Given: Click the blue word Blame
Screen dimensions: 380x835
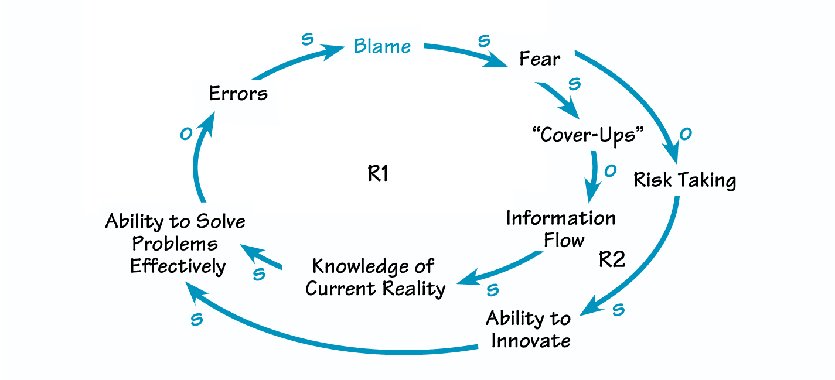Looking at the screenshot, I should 383,47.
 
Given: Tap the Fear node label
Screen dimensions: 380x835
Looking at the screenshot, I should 540,59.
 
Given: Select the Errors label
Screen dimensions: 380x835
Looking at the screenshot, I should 238,94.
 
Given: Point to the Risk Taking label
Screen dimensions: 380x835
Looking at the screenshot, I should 684,180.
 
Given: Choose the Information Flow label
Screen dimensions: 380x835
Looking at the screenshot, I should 561,229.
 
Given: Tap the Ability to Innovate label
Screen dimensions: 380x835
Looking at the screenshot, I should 528,330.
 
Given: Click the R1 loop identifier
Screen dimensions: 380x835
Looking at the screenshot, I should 378,174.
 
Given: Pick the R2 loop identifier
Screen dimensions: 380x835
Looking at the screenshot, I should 612,259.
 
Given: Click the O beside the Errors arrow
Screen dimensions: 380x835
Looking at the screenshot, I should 186,134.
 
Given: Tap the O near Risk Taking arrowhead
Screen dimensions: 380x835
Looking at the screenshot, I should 684,134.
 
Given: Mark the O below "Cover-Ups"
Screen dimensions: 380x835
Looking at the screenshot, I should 609,170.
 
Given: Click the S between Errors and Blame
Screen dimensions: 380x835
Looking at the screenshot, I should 306,40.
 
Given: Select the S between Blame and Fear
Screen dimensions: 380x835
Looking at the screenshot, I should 483,41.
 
